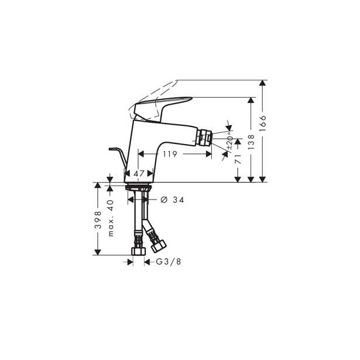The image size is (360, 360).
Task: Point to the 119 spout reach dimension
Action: [170, 155]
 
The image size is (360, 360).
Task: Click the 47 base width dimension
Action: [139, 174]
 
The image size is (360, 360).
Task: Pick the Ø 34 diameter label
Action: [172, 200]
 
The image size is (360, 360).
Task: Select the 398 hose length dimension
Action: [98, 220]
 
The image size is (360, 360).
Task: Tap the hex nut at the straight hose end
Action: [139, 250]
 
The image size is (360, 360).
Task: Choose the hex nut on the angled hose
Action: [157, 245]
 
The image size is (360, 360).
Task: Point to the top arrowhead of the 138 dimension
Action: [251, 100]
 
